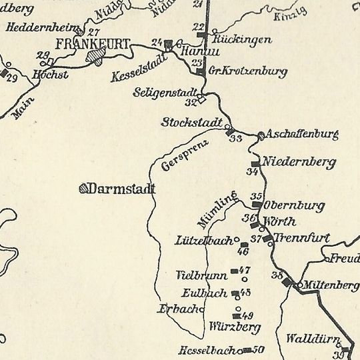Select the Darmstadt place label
pyautogui.click(x=121, y=189)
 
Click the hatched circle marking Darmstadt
pyautogui.click(x=83, y=189)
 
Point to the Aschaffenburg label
pyautogui.click(x=302, y=135)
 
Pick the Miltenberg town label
pyautogui.click(x=330, y=285)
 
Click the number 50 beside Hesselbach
pyautogui.click(x=259, y=349)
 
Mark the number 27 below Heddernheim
pyautogui.click(x=93, y=33)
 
